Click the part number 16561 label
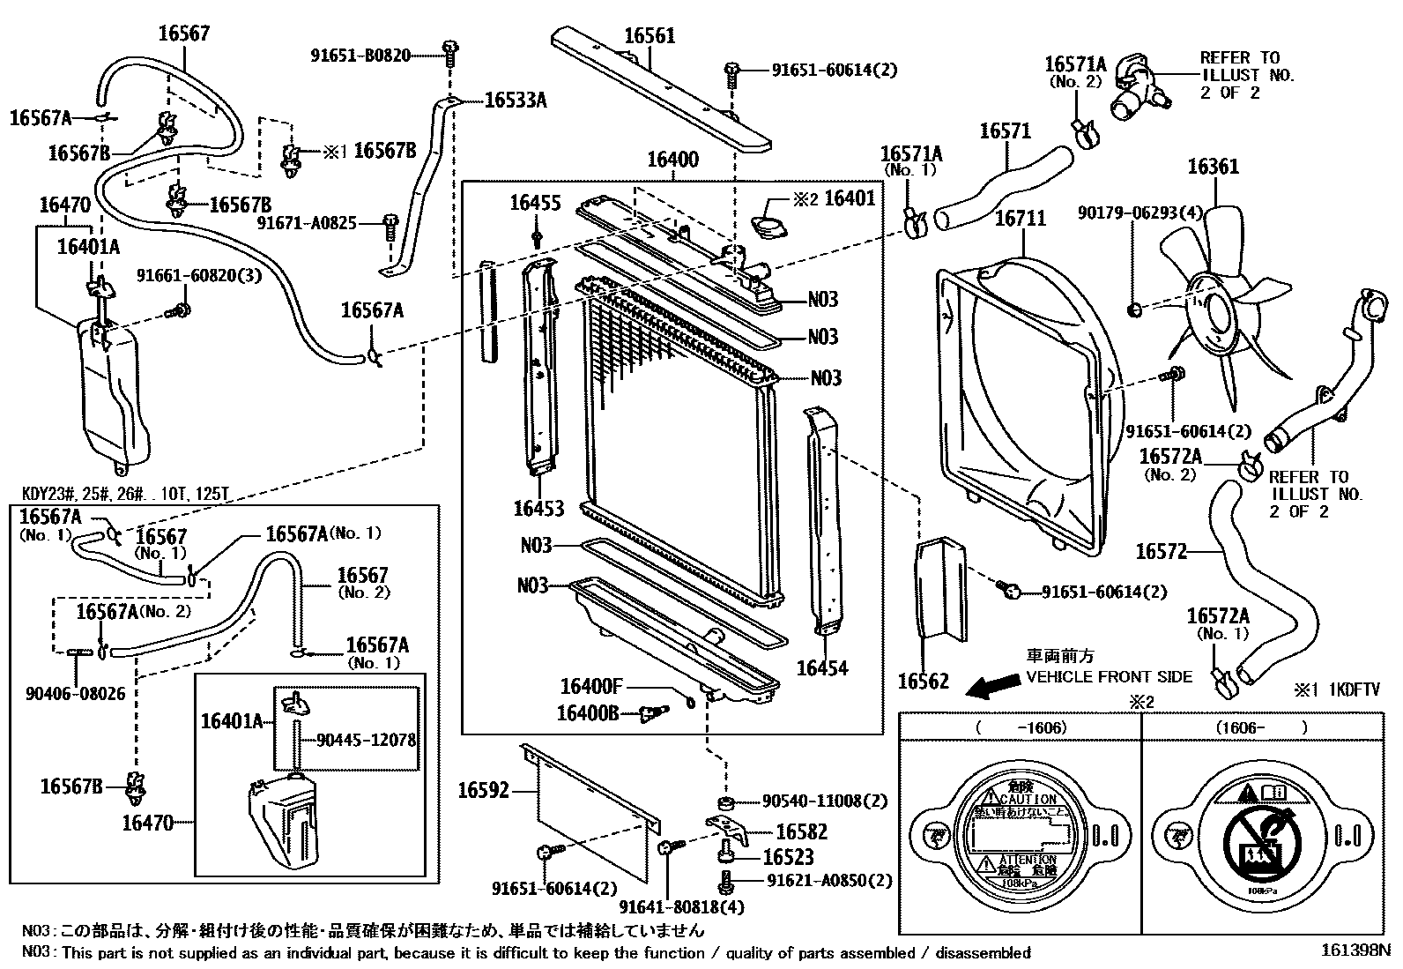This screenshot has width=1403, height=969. click(650, 36)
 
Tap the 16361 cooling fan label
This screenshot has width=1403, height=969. click(1213, 167)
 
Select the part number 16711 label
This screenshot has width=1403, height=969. click(1020, 217)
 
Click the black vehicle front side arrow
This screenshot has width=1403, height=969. click(988, 686)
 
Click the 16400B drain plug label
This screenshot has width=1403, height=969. click(588, 711)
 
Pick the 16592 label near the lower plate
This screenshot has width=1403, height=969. click(483, 790)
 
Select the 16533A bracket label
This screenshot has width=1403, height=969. click(516, 101)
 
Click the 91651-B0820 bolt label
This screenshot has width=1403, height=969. click(360, 55)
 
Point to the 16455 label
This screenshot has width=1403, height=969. click(535, 204)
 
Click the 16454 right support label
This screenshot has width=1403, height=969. click(822, 667)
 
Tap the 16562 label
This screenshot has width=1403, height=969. click(924, 680)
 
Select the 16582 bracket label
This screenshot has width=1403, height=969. click(801, 831)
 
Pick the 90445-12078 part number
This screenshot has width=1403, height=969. click(367, 741)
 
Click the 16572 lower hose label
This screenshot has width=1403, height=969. click(1161, 552)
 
